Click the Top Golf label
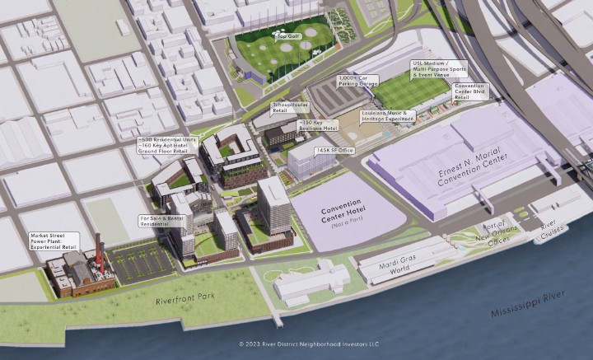point(287,37)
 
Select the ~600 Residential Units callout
point(168,146)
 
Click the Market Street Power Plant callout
point(53,240)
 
